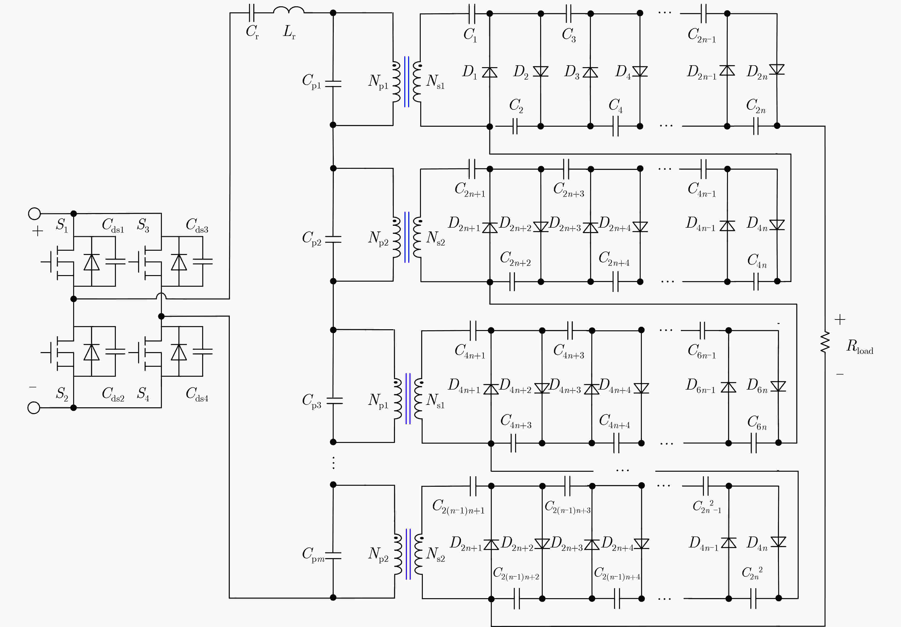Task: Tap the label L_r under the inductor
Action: pos(289,32)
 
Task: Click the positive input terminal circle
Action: pos(35,213)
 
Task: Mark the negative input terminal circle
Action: pos(34,408)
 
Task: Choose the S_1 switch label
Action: pos(62,225)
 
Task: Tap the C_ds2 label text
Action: pos(113,394)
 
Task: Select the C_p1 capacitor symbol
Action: pos(333,84)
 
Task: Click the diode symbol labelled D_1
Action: pos(490,72)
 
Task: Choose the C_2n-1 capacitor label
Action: pos(702,35)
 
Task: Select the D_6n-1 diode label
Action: pos(701,386)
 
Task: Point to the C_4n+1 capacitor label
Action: pos(470,351)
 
